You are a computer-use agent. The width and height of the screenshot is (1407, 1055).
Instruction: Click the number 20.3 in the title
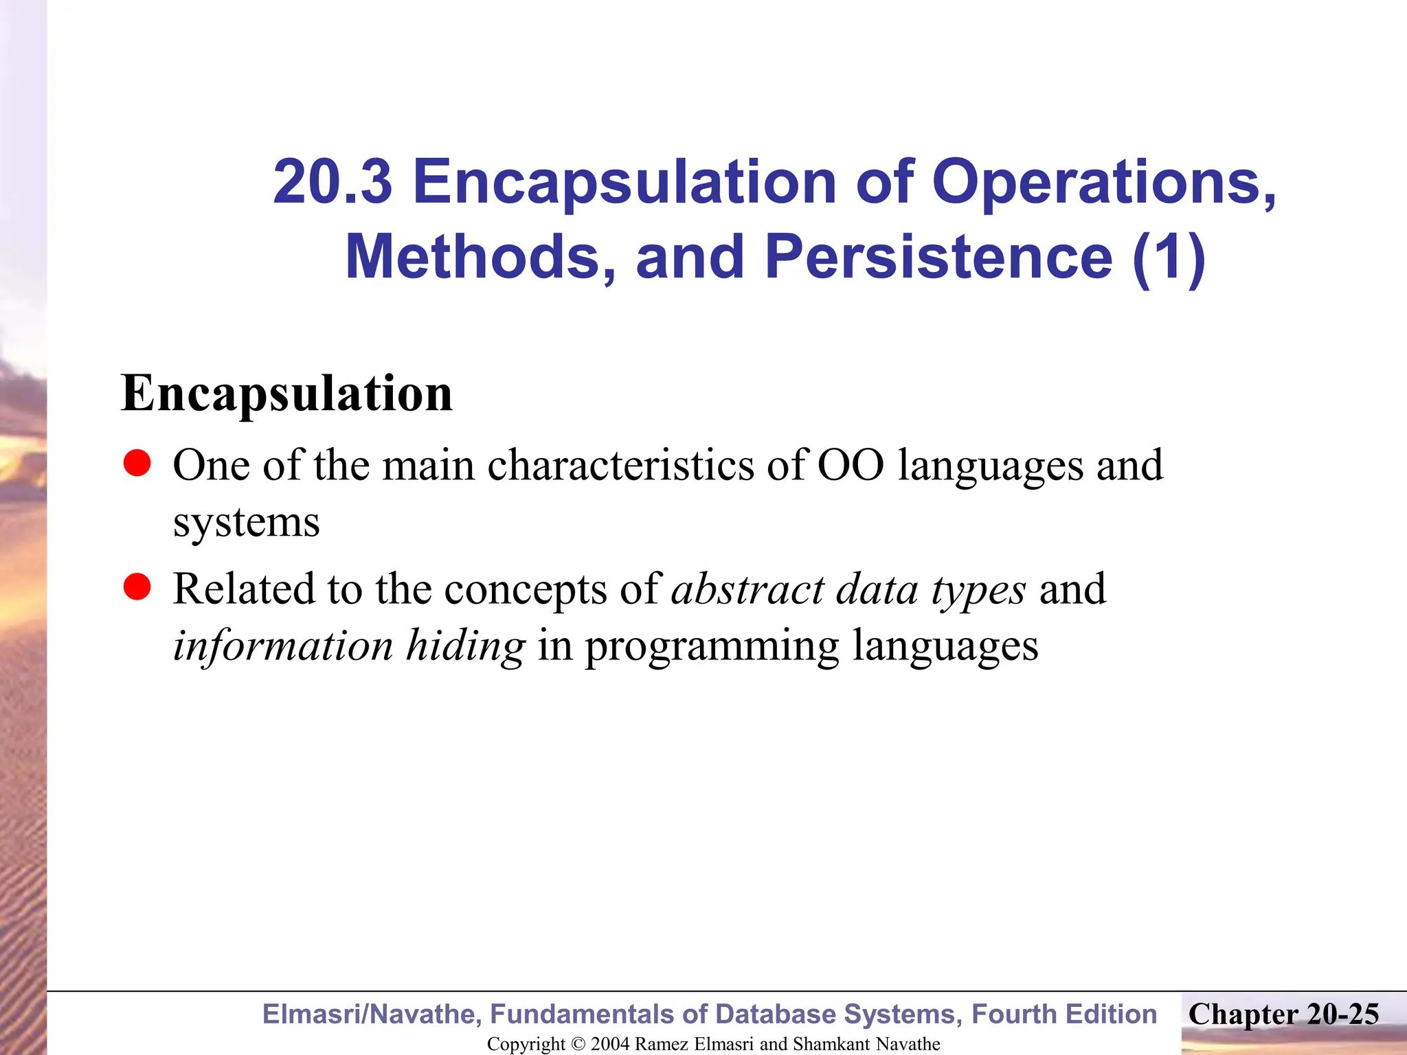click(333, 181)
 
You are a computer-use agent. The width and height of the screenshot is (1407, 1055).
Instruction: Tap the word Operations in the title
click(1103, 183)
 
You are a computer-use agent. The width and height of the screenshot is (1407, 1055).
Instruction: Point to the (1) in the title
click(1169, 257)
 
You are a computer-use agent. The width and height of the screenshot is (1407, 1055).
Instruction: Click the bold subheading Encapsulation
click(286, 394)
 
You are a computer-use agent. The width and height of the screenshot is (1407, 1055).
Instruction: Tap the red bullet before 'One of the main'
click(137, 464)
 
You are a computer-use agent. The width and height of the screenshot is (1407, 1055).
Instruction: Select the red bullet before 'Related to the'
click(137, 587)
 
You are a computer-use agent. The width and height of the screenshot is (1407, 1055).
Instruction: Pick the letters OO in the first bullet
click(851, 465)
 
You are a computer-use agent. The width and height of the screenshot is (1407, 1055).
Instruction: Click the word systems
click(246, 523)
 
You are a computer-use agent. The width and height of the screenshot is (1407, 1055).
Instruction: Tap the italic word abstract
click(747, 589)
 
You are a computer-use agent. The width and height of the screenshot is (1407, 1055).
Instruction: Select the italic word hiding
click(465, 646)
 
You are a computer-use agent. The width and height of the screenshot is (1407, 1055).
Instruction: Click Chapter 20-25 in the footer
click(1283, 1014)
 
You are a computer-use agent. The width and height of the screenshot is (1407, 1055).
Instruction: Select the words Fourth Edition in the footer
click(1064, 1014)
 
